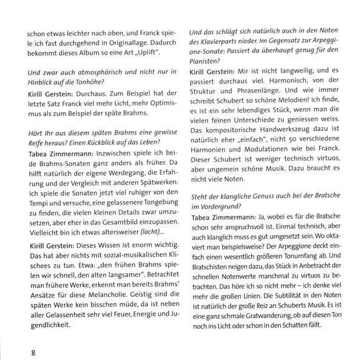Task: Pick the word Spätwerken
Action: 155,185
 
